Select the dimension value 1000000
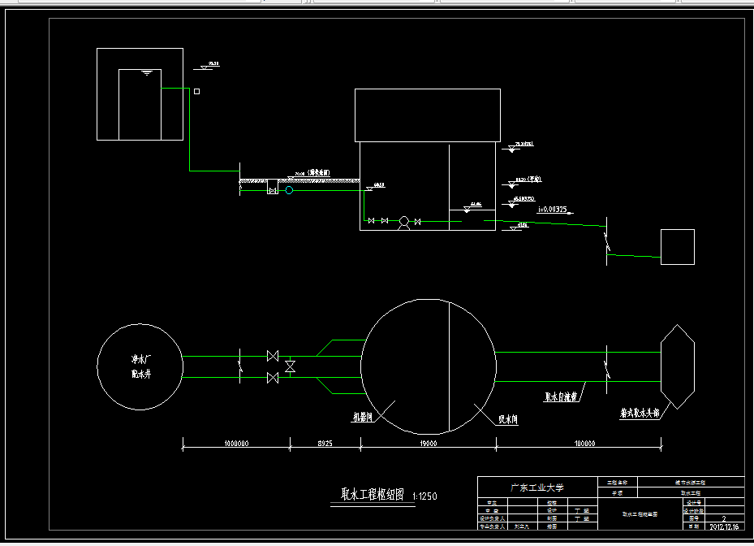[x=236, y=444]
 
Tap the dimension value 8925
[x=325, y=444]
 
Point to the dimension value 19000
[x=429, y=444]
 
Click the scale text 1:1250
[x=425, y=496]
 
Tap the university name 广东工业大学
[x=536, y=487]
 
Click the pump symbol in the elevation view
[x=403, y=221]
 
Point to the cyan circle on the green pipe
[x=289, y=190]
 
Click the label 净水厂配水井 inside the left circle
[x=141, y=366]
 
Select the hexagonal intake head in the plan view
[x=678, y=366]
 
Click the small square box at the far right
[x=678, y=247]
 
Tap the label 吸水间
[x=508, y=420]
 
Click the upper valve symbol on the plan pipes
[x=273, y=356]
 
